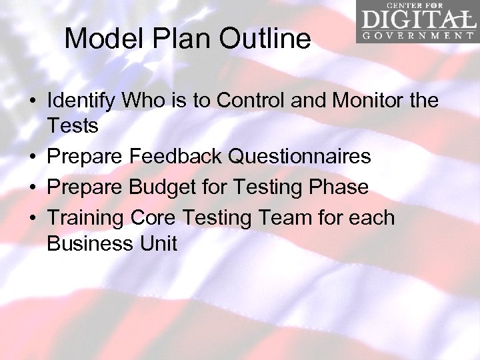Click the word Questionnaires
pyautogui.click(x=299, y=157)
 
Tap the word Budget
pyautogui.click(x=165, y=187)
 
